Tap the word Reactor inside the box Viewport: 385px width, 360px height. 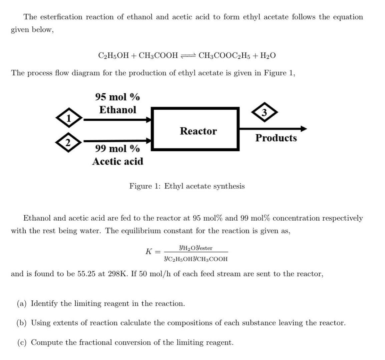point(198,131)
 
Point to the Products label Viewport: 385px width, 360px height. point(276,138)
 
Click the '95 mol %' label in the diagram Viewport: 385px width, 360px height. point(117,97)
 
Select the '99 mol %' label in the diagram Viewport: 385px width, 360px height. point(117,148)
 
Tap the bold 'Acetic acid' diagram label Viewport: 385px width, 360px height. point(118,161)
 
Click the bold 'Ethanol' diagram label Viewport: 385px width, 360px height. point(118,110)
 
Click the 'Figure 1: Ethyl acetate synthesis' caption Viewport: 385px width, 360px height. point(187,186)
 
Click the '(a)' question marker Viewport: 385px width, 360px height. point(22,304)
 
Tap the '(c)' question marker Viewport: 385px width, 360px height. point(22,342)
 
